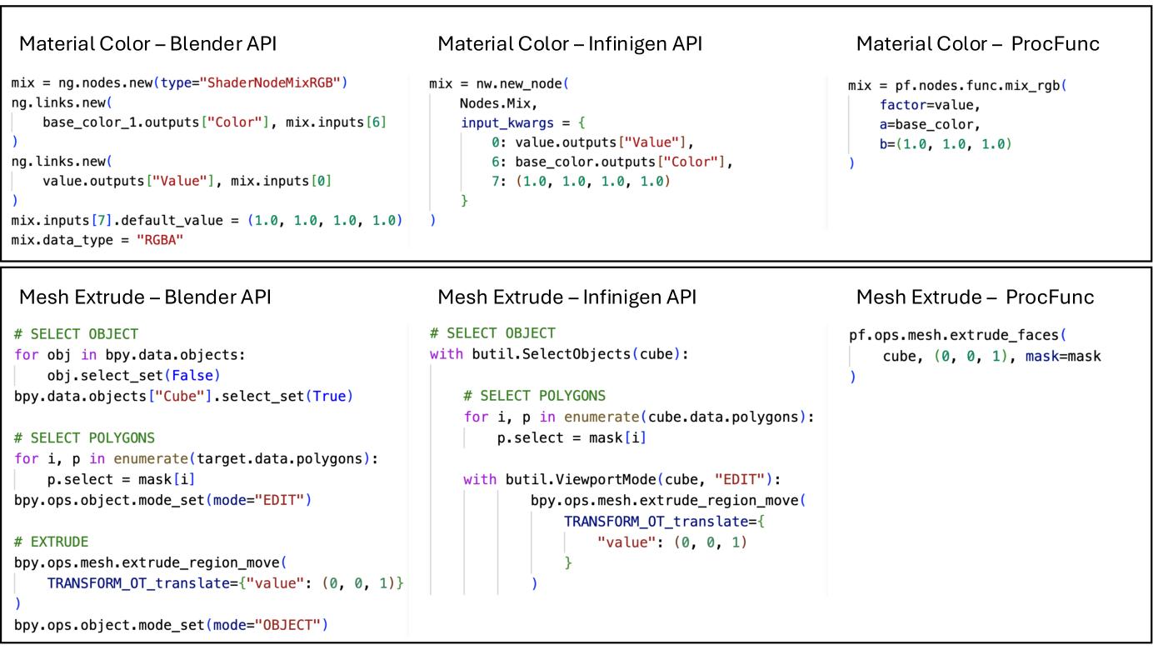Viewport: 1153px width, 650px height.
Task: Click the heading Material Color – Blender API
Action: pos(147,44)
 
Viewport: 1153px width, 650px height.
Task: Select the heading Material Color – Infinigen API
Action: pos(570,44)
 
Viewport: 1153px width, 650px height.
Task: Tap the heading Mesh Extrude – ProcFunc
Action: pos(975,297)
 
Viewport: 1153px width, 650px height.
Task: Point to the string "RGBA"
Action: pos(160,240)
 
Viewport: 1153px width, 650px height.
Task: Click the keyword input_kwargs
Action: pos(507,123)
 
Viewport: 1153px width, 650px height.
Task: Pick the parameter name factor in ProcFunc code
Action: pos(903,105)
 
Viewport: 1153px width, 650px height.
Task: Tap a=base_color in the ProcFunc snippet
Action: pos(926,125)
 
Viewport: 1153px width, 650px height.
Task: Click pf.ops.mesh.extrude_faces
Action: pos(953,335)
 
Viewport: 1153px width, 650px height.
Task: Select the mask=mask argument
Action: pos(1063,357)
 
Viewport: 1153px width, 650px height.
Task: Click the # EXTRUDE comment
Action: pos(52,542)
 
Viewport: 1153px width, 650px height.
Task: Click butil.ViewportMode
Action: pos(581,479)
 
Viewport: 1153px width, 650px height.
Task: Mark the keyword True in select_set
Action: pos(329,396)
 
